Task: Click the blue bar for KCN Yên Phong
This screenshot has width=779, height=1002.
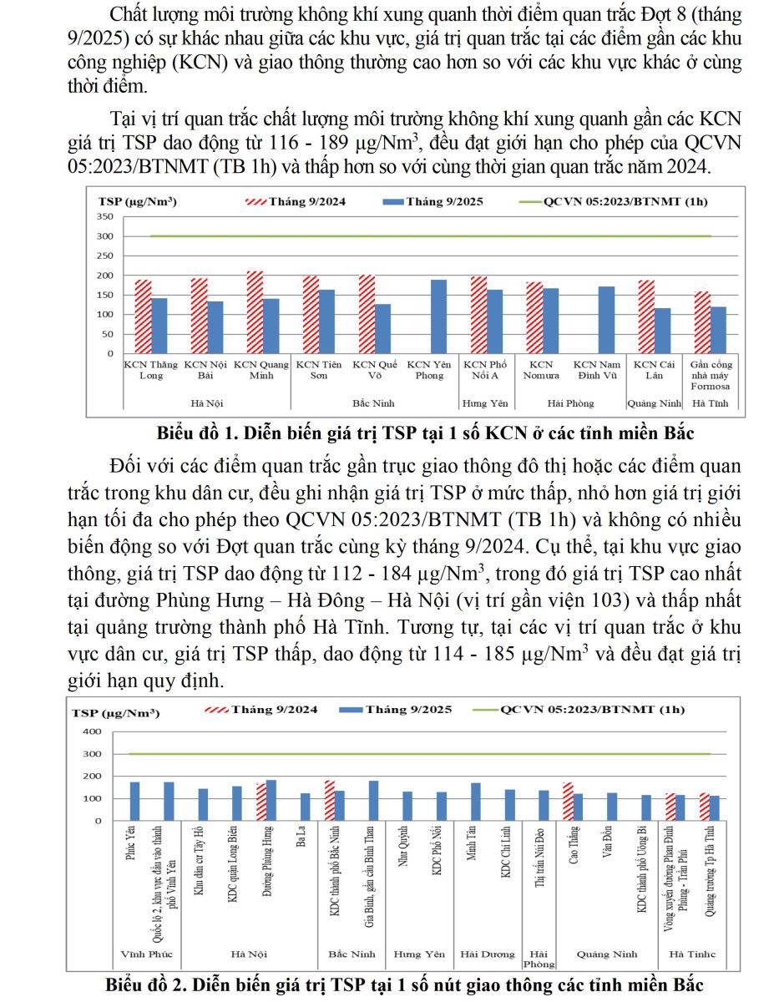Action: pos(438,316)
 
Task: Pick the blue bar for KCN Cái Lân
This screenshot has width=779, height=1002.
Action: pos(663,331)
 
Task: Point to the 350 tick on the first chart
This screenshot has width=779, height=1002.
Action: pos(105,216)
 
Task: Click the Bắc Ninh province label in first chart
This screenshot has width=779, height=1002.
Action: pos(373,403)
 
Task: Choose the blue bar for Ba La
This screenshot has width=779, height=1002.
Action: pos(305,807)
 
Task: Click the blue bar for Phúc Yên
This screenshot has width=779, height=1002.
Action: pos(134,802)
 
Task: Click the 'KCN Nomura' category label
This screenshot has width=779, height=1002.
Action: pos(541,370)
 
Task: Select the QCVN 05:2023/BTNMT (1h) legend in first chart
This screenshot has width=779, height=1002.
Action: pos(606,202)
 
